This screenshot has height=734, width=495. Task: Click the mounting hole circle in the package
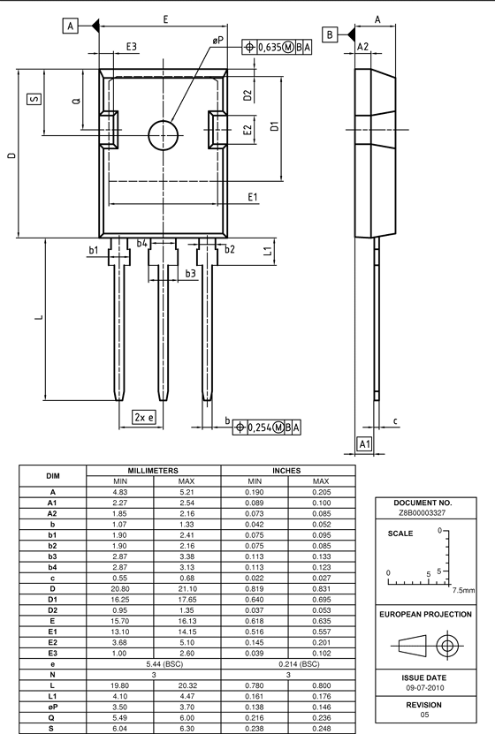tap(148, 136)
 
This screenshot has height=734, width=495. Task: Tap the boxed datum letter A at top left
tap(70, 26)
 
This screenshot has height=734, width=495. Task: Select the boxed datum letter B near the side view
tap(330, 34)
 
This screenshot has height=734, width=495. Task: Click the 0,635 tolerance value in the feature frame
tap(270, 47)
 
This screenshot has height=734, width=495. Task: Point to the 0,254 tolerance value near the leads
tap(259, 428)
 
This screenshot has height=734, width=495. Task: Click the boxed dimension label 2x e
tap(144, 417)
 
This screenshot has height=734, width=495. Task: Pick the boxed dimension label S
tap(34, 99)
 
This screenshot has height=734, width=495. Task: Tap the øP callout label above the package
tap(217, 42)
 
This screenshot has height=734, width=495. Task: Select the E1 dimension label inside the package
tap(253, 197)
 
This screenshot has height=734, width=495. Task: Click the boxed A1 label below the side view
tap(365, 443)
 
